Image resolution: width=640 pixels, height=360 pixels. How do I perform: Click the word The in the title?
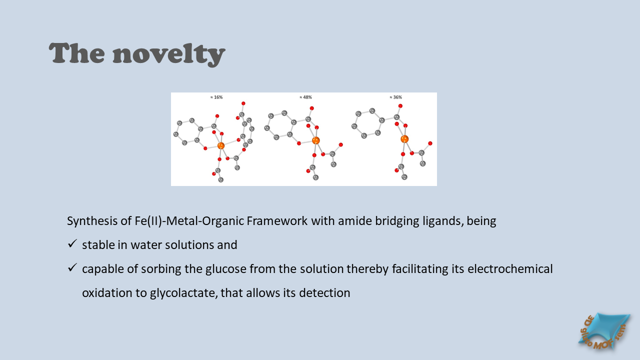[77, 53]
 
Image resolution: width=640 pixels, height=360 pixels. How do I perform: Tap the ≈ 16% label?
[216, 97]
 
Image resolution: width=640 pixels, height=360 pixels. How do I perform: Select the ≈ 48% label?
[305, 97]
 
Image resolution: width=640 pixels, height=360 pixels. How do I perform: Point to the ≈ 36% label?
[395, 97]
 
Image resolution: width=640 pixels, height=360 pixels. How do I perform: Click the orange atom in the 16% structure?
[221, 145]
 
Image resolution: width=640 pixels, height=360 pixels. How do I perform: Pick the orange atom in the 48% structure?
[315, 140]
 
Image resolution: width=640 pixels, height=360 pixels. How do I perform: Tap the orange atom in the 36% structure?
[404, 139]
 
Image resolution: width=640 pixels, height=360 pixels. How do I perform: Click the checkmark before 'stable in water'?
[72, 243]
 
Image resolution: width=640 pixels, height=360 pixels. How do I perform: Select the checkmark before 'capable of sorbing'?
[72, 267]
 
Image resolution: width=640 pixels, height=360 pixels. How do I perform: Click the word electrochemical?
[510, 269]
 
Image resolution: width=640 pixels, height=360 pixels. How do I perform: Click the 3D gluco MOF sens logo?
[604, 331]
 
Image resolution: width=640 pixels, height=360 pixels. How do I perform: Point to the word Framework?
[277, 221]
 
